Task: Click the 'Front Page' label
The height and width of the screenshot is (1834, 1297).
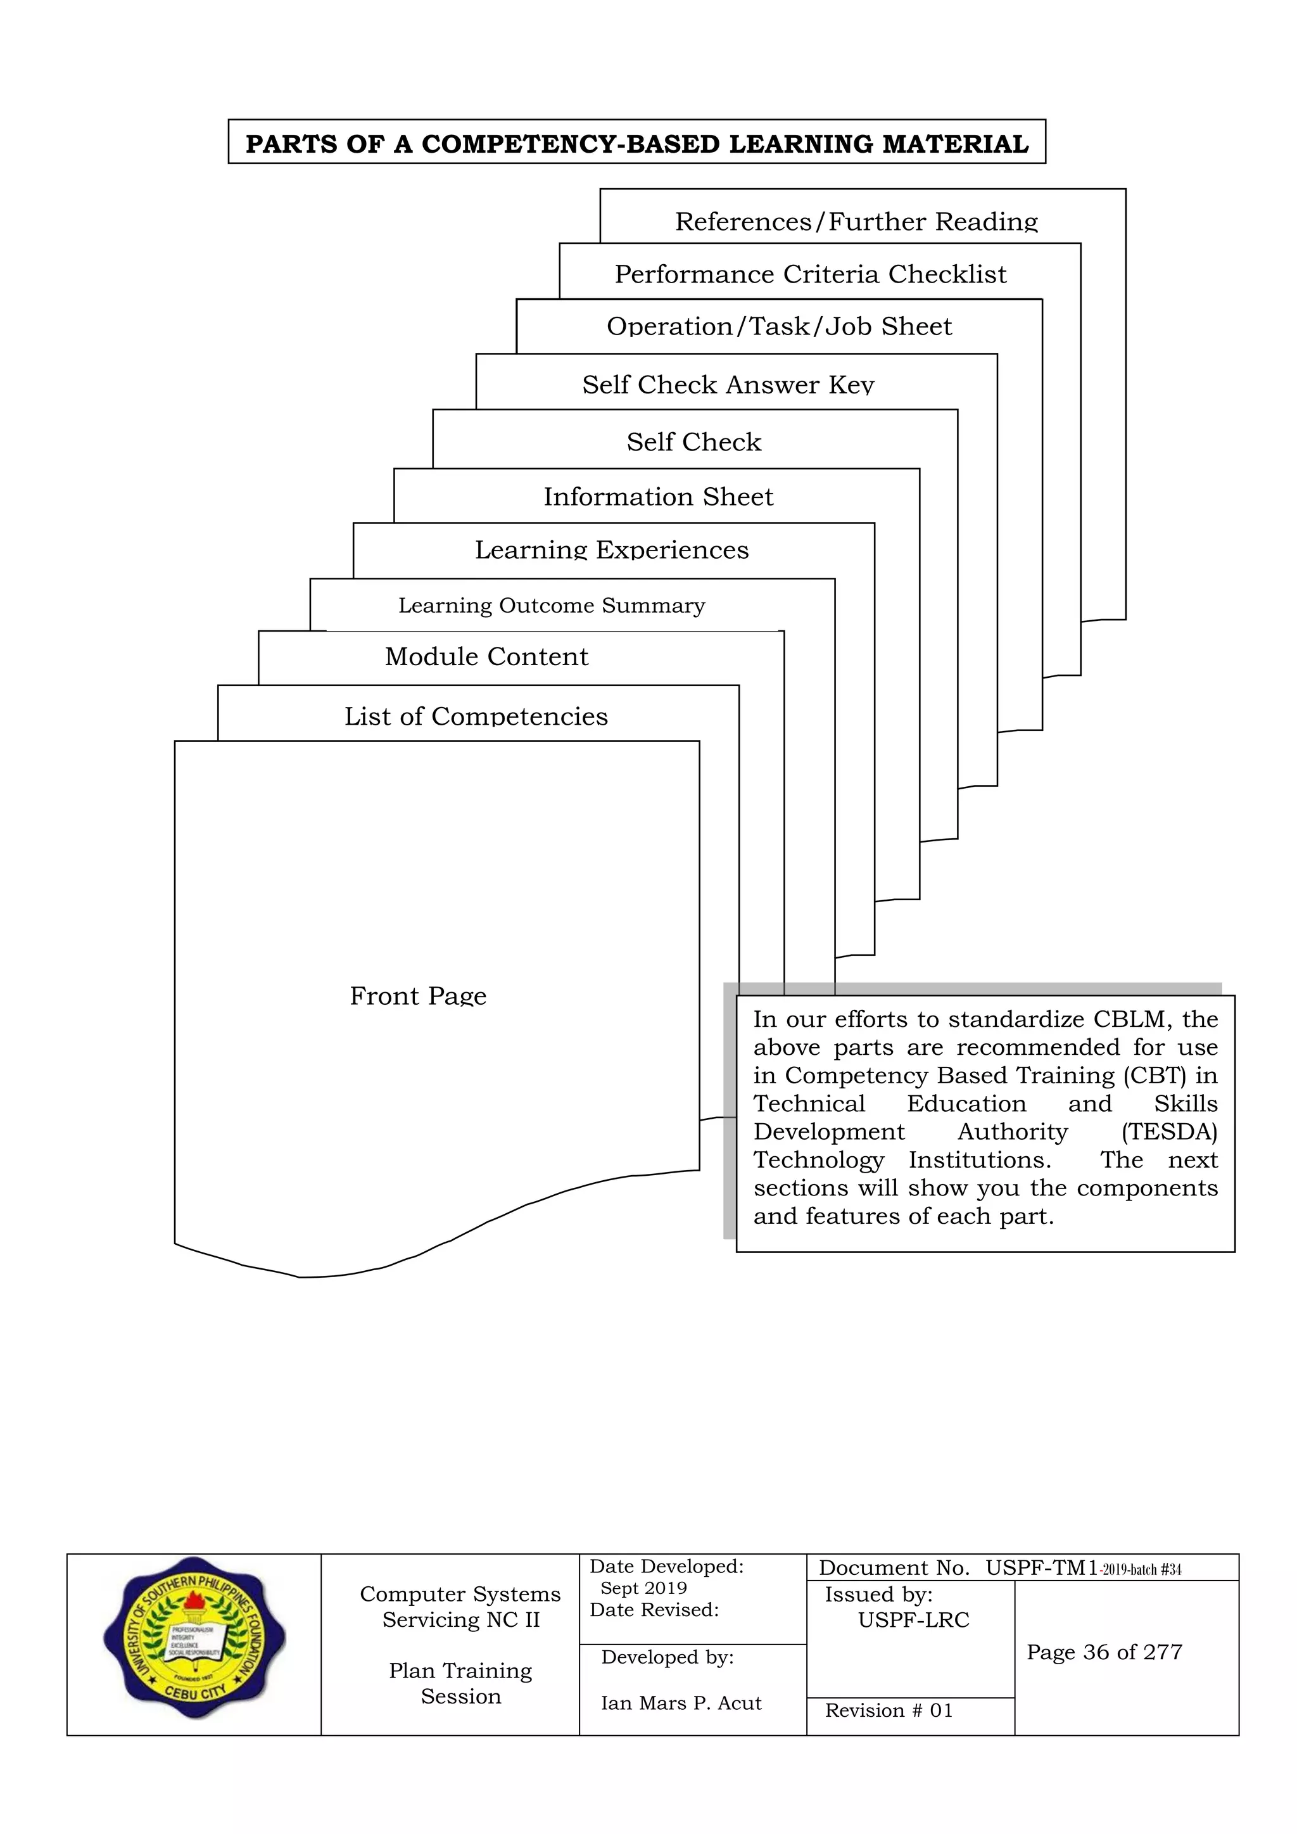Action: coord(418,996)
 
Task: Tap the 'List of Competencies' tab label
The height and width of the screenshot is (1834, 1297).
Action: coord(476,716)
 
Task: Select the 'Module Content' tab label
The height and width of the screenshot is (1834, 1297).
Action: coord(486,656)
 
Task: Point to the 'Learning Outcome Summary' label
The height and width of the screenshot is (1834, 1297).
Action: coord(552,606)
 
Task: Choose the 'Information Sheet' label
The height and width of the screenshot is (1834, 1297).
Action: coord(658,497)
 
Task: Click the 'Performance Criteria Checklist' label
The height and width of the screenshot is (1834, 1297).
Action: coord(810,274)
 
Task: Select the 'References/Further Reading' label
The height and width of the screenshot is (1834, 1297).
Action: coord(856,221)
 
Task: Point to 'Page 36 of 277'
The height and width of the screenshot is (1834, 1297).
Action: coord(1104,1652)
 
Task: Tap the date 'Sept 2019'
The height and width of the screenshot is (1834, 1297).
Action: coord(643,1588)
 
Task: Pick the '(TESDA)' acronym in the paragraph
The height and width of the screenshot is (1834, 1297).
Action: coord(1168,1132)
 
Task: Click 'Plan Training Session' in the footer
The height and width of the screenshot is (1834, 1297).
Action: coord(461,1683)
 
